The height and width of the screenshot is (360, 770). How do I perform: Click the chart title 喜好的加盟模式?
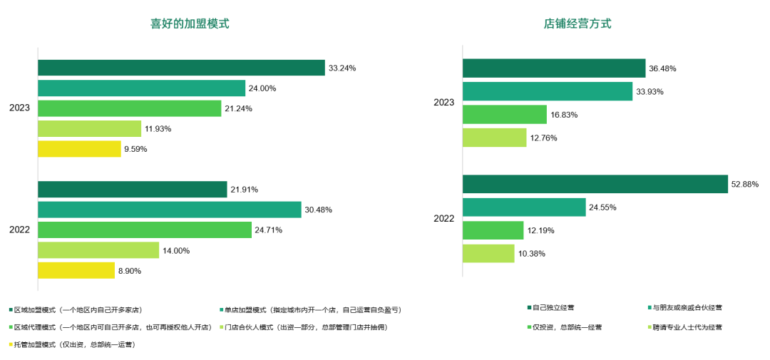pos(189,24)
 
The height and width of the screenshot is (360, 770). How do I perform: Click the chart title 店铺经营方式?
pos(577,24)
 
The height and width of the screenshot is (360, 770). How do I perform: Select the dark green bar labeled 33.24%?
pos(181,68)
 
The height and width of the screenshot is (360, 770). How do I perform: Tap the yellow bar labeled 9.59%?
pos(79,149)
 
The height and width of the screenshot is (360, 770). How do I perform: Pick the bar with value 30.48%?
pos(169,210)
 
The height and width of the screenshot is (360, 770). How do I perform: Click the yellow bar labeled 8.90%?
pos(76,270)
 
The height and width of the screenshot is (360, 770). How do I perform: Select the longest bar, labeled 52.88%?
pos(595,184)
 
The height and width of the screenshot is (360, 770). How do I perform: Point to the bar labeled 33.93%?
pos(547,91)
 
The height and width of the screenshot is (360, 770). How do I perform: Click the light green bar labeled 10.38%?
pos(488,253)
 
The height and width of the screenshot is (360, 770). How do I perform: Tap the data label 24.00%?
pos(262,88)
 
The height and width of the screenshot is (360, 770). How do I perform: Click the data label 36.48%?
pos(662,68)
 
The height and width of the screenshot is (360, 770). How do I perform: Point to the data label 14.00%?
pos(175,250)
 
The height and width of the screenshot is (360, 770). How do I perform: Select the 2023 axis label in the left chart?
pos(19,108)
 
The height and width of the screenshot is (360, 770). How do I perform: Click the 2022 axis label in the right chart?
pos(443,219)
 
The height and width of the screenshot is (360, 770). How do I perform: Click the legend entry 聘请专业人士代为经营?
pos(685,327)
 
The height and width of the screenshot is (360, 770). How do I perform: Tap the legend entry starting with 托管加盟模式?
pos(74,345)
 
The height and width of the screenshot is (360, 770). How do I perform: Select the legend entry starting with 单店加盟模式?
pos(312,310)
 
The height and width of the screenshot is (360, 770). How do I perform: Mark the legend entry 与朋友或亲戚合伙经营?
pos(685,308)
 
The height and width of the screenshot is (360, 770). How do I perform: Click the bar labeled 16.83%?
pos(504,114)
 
